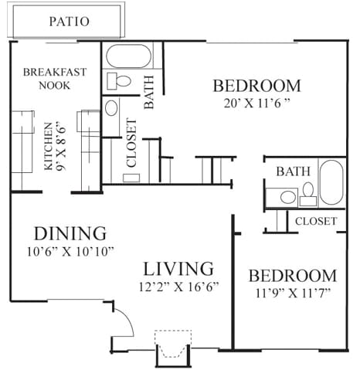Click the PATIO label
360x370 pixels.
(70, 22)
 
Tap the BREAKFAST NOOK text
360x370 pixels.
(55, 79)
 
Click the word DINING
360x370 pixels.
(70, 233)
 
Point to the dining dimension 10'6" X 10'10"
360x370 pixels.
(70, 252)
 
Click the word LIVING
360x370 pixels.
(178, 269)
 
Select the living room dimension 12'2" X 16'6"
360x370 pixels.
(178, 287)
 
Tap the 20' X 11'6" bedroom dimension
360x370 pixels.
(257, 104)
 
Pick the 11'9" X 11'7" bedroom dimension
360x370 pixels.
(293, 293)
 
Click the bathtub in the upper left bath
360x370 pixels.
(128, 56)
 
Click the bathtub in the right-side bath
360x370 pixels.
(331, 182)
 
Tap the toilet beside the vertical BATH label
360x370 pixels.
(119, 80)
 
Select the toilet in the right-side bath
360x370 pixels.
(308, 194)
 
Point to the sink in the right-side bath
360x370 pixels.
(288, 198)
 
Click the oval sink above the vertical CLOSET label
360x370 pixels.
(111, 108)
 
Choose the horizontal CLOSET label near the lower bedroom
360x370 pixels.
(316, 221)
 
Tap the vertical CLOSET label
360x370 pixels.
(131, 143)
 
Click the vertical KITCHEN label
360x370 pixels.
(48, 147)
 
